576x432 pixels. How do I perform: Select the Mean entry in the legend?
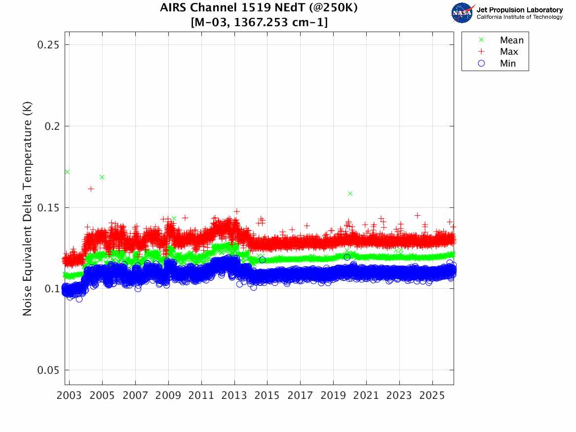point(511,40)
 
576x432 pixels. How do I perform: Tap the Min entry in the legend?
point(508,64)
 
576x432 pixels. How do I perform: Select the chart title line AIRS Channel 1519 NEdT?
point(259,8)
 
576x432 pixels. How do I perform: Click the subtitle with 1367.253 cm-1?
point(259,22)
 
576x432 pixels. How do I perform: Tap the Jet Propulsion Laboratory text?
point(519,10)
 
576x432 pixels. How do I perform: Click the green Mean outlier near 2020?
point(350,194)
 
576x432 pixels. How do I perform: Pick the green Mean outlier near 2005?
point(102,177)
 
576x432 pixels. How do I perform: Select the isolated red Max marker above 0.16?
point(91,189)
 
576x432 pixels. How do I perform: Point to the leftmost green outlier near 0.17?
point(67,172)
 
